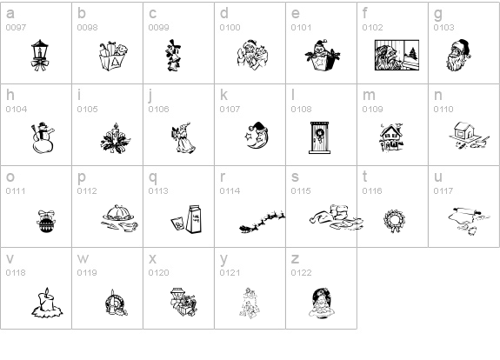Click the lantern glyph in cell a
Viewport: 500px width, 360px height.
tap(40, 55)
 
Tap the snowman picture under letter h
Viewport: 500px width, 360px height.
tap(43, 137)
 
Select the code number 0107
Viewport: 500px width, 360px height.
tap(230, 110)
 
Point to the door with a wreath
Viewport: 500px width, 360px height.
tap(319, 137)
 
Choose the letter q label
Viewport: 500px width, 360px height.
tap(153, 177)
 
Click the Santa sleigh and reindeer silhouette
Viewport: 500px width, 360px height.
tap(262, 222)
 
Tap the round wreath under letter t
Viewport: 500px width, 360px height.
tap(395, 221)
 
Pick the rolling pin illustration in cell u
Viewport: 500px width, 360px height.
tap(469, 221)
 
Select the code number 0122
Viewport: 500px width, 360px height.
tap(301, 273)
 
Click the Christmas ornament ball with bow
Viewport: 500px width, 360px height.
tap(46, 222)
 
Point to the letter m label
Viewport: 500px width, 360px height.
tap(369, 96)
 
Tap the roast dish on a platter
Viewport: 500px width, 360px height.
tap(120, 218)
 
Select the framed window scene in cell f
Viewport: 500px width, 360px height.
tap(397, 55)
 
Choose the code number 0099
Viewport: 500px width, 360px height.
tap(158, 28)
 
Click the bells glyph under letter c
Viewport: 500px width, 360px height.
tap(173, 56)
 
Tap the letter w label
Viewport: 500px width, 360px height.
tap(83, 259)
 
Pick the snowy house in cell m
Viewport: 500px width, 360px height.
tap(392, 137)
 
